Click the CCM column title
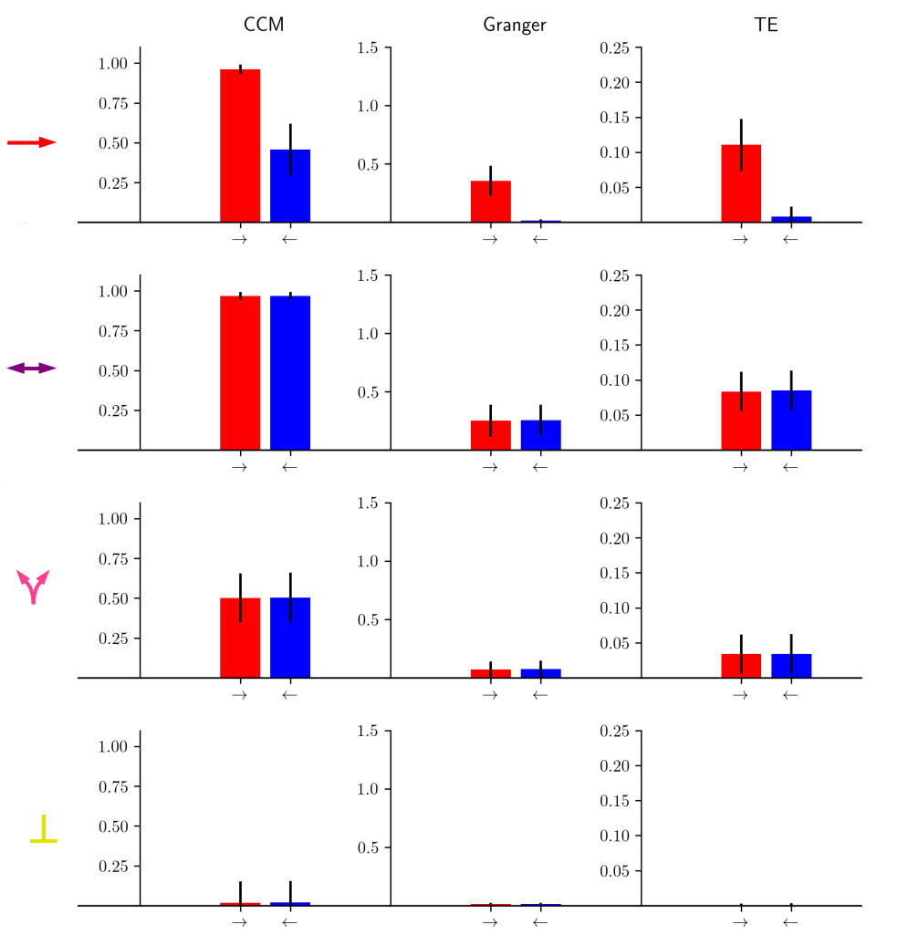coord(264,25)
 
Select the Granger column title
coord(515,26)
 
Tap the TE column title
coord(767,25)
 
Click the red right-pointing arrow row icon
coord(32,142)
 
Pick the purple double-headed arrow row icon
coord(32,368)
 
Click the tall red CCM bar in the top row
coord(240,146)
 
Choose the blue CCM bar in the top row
coord(290,186)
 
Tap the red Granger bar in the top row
coord(491,202)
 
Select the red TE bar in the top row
coord(741,183)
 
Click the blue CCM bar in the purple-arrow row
coord(290,373)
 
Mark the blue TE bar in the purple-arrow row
coord(791,421)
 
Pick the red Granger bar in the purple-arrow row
coord(491,435)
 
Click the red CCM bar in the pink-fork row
coord(240,638)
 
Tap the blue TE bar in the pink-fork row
coord(791,666)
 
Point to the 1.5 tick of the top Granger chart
coord(369,47)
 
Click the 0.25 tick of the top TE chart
coord(615,47)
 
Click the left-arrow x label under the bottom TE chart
coord(791,922)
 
